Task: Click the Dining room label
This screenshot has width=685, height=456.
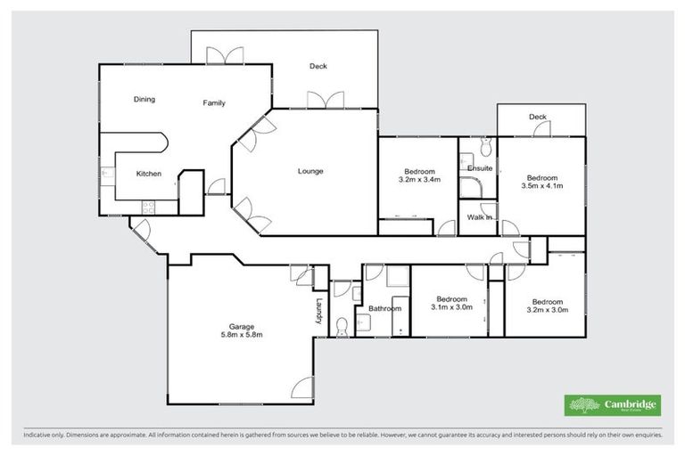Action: (144, 100)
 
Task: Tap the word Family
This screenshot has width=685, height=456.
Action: (214, 103)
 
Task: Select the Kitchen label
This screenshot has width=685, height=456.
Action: (148, 174)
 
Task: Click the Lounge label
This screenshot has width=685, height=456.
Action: (310, 171)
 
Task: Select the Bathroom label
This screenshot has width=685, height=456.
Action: (385, 308)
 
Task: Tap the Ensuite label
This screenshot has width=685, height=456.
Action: (481, 167)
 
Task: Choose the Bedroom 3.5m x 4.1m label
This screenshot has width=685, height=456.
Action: (542, 182)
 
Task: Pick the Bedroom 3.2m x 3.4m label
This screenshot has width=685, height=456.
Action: (419, 175)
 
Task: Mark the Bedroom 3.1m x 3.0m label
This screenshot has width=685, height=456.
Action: (451, 303)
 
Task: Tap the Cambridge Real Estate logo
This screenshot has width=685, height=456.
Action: (613, 405)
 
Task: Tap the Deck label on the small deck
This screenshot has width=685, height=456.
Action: (537, 117)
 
